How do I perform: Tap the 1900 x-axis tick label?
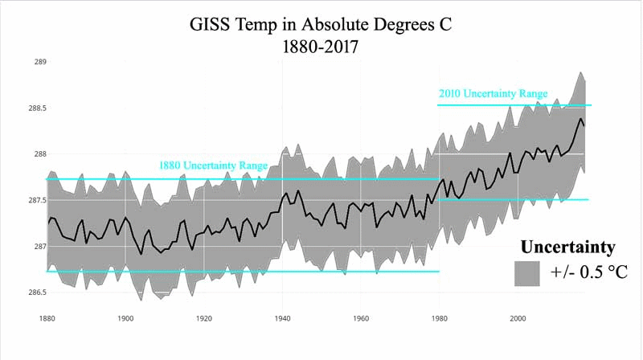click(x=125, y=318)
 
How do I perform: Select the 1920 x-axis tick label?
click(x=204, y=318)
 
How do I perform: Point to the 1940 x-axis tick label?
click(x=282, y=318)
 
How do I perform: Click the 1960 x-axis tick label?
click(x=361, y=318)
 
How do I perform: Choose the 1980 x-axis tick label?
click(x=440, y=318)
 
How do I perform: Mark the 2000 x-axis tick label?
click(x=518, y=318)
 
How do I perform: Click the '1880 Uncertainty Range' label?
click(x=212, y=166)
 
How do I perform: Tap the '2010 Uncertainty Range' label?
click(x=493, y=94)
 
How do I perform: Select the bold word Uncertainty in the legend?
click(x=567, y=247)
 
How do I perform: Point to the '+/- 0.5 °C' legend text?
click(x=588, y=273)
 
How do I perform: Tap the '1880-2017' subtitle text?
click(x=321, y=47)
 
